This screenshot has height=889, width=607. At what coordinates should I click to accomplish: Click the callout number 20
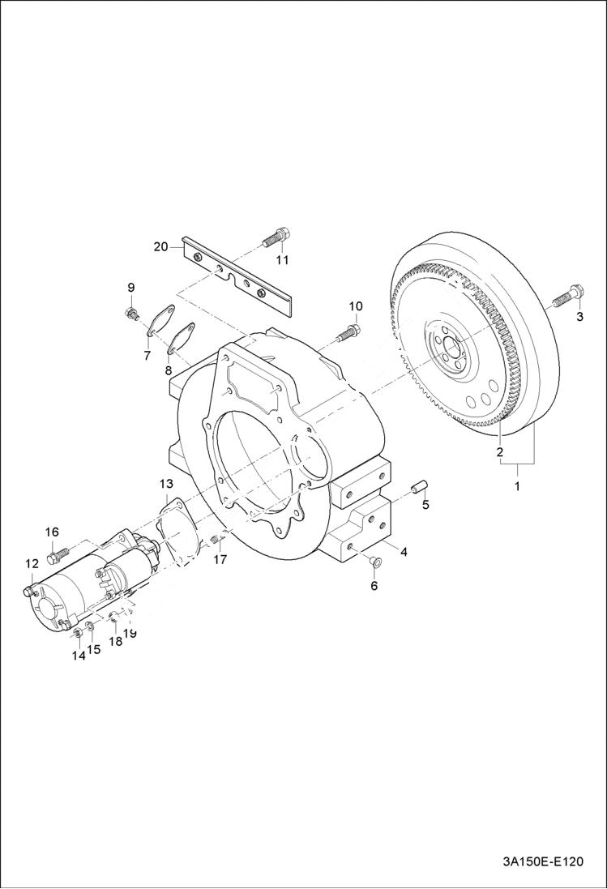160,246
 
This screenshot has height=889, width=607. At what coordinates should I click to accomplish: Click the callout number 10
356,306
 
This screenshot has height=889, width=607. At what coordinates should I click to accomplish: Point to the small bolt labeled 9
130,313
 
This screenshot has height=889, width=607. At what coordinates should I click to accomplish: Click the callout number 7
147,355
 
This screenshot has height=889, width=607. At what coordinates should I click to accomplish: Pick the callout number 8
169,370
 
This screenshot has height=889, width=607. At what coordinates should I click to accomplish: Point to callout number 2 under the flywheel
500,451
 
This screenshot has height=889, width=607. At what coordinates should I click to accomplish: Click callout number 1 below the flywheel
518,486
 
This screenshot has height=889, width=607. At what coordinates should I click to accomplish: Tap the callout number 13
165,483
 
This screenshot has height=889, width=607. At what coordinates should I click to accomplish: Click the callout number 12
32,563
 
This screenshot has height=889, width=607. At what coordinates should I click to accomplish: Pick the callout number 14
78,656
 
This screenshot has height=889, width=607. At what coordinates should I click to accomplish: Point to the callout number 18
114,641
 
